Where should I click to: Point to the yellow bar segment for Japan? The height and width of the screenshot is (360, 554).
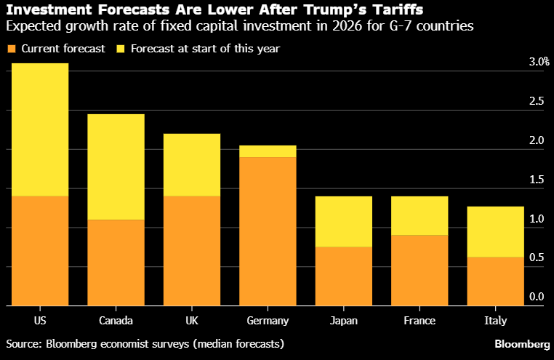pyautogui.click(x=343, y=222)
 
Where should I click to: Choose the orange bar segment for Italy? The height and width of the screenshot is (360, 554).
pyautogui.click(x=495, y=281)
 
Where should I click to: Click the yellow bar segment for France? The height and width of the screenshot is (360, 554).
pyautogui.click(x=419, y=215)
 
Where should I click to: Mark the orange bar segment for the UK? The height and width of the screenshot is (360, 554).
pyautogui.click(x=191, y=251)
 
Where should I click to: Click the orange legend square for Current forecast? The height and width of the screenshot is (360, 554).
pyautogui.click(x=11, y=49)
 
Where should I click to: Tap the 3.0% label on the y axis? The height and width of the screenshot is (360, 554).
pyautogui.click(x=539, y=63)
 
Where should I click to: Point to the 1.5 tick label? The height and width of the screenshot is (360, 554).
pyautogui.click(x=537, y=180)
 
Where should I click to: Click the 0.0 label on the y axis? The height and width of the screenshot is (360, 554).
pyautogui.click(x=537, y=297)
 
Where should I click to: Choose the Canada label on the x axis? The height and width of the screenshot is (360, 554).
pyautogui.click(x=115, y=321)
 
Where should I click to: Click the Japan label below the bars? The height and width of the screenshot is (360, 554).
pyautogui.click(x=343, y=321)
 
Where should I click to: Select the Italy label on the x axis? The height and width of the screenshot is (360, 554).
pyautogui.click(x=495, y=321)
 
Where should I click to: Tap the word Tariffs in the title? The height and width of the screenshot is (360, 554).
pyautogui.click(x=398, y=10)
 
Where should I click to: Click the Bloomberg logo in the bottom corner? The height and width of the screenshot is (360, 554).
pyautogui.click(x=522, y=343)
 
